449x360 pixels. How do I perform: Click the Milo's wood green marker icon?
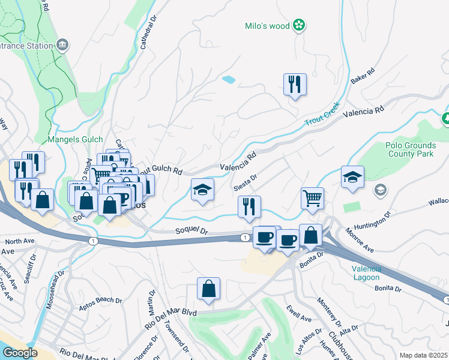298,25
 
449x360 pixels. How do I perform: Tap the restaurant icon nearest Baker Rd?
295,85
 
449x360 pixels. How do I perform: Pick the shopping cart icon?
312,198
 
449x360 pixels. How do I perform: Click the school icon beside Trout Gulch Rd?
202,190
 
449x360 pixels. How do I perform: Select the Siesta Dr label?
245,182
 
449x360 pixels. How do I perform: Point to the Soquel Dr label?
191,230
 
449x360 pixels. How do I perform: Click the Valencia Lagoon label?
366,273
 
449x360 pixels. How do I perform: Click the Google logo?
20,352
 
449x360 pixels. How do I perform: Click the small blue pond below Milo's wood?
229,79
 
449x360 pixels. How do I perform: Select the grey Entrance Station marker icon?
62,45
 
